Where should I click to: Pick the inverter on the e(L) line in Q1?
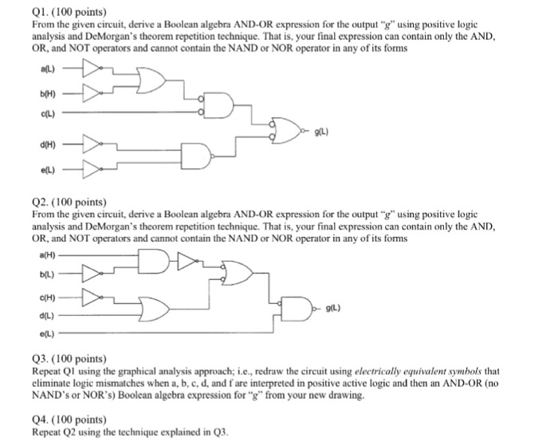pyautogui.click(x=92, y=168)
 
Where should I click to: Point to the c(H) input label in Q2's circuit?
pyautogui.click(x=45, y=298)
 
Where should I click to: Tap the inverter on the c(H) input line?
pyautogui.click(x=92, y=298)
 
